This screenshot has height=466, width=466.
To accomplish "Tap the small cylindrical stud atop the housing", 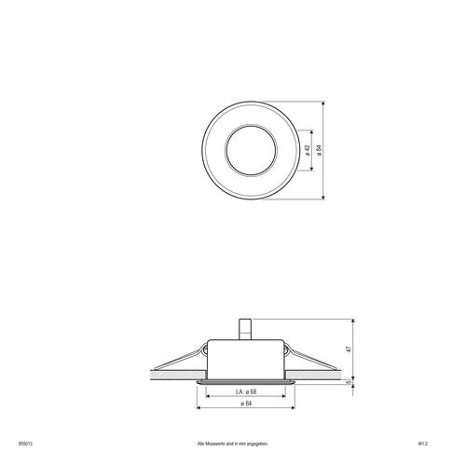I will tap(247, 328).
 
